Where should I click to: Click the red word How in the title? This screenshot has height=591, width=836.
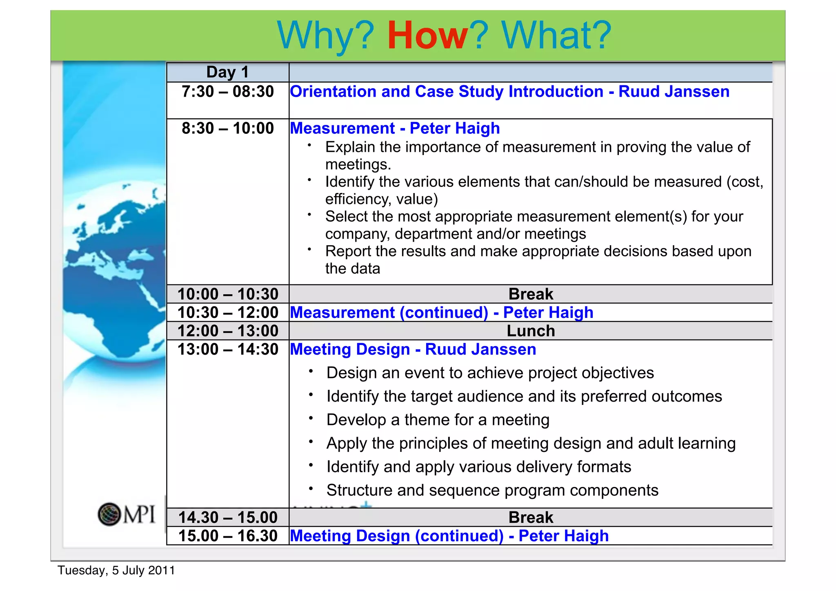[x=427, y=36]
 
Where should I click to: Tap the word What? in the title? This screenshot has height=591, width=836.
[x=556, y=36]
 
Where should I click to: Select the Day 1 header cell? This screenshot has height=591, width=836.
[x=227, y=72]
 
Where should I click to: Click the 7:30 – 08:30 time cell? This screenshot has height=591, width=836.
[x=227, y=92]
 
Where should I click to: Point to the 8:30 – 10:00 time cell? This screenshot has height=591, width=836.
[x=227, y=129]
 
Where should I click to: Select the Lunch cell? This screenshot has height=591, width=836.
[x=530, y=331]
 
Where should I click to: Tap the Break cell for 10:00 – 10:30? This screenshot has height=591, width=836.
[x=530, y=294]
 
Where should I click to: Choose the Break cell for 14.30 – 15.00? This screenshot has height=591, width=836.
[x=530, y=518]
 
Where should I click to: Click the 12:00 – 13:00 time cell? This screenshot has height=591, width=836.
[x=227, y=331]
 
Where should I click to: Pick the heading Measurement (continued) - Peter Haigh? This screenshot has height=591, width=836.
[x=441, y=313]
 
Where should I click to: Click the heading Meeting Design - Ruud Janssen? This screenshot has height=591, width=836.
[x=413, y=350]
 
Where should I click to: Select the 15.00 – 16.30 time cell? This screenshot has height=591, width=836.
[x=227, y=536]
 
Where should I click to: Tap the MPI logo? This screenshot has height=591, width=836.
[x=126, y=514]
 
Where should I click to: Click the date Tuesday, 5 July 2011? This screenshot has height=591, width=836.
[x=116, y=570]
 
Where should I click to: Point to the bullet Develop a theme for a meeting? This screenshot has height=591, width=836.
[x=438, y=420]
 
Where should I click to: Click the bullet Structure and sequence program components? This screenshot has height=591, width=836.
[x=492, y=490]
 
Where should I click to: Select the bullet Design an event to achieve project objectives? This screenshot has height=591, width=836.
[x=490, y=373]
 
